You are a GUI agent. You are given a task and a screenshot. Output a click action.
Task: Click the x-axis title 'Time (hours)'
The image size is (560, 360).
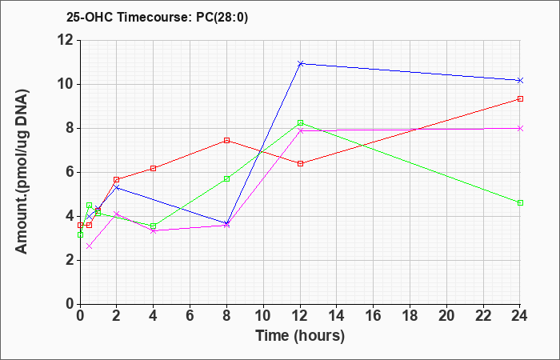click(300, 335)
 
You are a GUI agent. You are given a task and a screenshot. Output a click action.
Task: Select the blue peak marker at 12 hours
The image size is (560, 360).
click(300, 63)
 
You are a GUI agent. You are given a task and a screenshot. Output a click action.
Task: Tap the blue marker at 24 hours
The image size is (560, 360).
click(520, 80)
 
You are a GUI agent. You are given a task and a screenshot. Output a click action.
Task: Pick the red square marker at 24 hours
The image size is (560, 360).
click(520, 98)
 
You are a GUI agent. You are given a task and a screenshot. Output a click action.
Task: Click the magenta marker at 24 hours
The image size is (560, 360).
click(520, 128)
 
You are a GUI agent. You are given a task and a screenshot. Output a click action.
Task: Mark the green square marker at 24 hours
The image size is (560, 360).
click(520, 202)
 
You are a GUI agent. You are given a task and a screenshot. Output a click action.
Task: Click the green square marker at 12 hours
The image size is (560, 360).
click(300, 122)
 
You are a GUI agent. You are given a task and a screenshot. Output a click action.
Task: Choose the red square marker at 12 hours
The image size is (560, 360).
click(300, 163)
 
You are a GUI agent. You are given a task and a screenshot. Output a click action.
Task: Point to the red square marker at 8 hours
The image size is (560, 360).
click(227, 140)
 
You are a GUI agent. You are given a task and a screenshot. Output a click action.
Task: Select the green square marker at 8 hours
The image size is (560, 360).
click(227, 178)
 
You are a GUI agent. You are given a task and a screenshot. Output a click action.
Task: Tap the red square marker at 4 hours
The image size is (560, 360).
click(154, 168)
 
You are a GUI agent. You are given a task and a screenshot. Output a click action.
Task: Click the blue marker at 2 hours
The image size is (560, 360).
click(117, 187)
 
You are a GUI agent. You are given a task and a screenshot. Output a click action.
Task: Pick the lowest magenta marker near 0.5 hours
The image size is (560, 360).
click(89, 246)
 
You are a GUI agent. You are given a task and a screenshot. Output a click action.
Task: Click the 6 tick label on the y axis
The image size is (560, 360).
click(67, 172)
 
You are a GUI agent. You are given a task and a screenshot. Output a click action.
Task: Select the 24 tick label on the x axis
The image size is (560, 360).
click(520, 316)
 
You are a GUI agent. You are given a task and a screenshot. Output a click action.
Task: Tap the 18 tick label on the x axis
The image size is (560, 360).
click(410, 316)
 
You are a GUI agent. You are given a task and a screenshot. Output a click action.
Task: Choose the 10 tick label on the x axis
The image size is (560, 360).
click(263, 316)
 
